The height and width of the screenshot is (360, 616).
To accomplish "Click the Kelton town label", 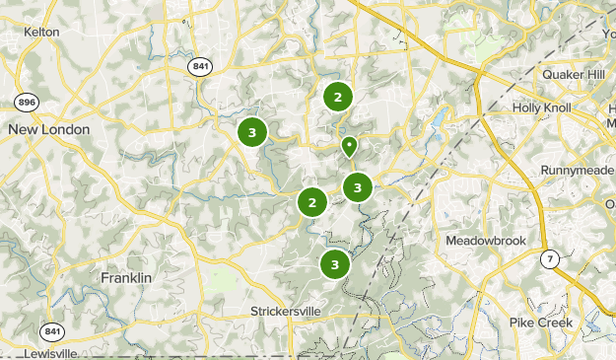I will coord(41,32).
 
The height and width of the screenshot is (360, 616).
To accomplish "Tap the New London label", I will coord(48,129).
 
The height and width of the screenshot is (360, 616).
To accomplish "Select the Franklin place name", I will coord(126,278).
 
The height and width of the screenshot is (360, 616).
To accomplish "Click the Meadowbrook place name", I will coord(486,241).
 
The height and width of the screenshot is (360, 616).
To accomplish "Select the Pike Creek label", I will coord(541,323).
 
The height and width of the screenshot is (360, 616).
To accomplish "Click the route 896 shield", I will coord(27,102).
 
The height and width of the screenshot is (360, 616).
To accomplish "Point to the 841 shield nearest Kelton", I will coord(201,65).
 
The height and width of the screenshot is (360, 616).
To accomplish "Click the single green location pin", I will coord(349,146).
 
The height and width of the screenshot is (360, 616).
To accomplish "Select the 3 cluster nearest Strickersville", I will coord(335,264).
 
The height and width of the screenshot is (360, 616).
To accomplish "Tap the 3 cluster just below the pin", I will coord(358,185).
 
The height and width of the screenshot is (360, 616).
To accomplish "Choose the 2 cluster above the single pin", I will coord(338,97).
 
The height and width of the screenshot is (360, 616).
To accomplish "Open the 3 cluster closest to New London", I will coord(252,131).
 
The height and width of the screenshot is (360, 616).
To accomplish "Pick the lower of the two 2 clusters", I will coord(312,202).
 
